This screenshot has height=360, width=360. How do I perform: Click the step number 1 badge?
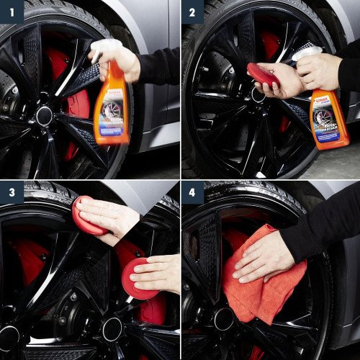point(12,12)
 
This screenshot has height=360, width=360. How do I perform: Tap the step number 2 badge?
point(192,12)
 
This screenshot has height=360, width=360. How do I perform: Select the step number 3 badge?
point(12,192)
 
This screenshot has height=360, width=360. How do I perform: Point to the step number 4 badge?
point(192,192)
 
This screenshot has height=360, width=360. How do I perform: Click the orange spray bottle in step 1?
point(112,108)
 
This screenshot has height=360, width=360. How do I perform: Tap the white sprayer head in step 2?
point(305,53)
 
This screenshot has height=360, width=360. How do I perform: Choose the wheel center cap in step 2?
point(258,94)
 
